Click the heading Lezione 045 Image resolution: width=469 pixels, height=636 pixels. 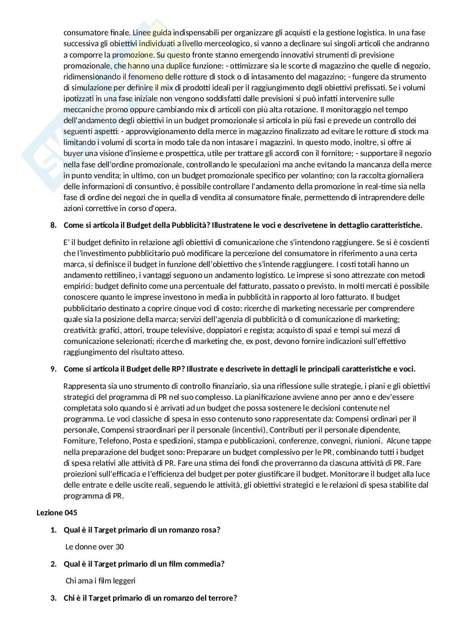point(57,512)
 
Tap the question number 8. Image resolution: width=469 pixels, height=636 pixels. point(53,225)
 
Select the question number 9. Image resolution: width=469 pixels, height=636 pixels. point(53,369)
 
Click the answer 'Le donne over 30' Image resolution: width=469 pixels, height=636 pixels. point(95,546)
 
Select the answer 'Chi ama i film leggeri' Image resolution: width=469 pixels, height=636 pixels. point(100,581)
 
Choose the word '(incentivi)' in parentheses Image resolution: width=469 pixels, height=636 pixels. point(249,430)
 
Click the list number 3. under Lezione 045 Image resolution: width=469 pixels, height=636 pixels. point(53,597)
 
